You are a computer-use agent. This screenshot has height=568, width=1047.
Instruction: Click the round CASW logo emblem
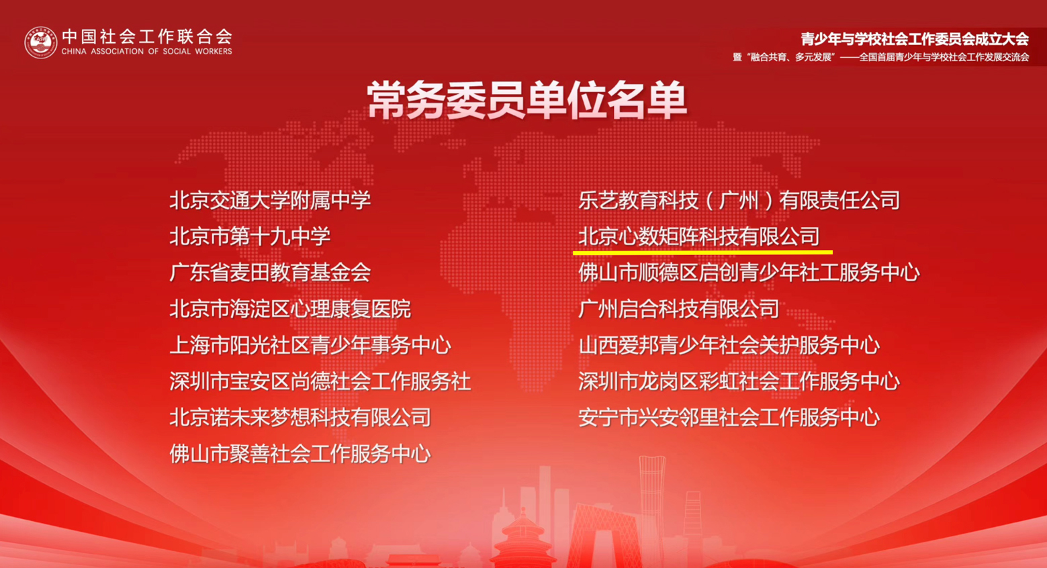click(41, 42)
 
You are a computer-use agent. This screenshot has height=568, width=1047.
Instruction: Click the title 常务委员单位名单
click(527, 100)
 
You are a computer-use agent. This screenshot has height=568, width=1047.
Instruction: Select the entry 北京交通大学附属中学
click(270, 200)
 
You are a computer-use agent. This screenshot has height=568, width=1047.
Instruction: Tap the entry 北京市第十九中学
click(250, 236)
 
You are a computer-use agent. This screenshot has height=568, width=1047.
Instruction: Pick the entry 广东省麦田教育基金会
click(270, 273)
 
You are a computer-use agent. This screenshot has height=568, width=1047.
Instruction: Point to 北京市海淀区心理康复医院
click(290, 309)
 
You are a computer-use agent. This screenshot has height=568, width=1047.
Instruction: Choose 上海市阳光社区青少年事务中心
click(310, 345)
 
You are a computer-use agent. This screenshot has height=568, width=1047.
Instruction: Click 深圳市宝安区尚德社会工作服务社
click(320, 381)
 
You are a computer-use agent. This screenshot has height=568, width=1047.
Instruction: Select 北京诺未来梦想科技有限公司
click(300, 417)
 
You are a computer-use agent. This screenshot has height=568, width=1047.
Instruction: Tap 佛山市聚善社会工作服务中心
click(300, 454)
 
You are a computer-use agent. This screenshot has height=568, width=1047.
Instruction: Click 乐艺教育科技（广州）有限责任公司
click(739, 200)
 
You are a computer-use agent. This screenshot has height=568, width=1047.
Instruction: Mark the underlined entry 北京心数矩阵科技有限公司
click(699, 236)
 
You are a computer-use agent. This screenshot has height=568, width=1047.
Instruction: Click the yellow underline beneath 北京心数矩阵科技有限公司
click(703, 252)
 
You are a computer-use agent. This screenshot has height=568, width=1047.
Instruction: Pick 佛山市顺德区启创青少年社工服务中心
click(749, 273)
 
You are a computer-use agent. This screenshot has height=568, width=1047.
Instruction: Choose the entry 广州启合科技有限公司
click(679, 309)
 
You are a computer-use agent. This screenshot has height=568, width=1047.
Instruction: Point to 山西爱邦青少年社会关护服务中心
click(729, 345)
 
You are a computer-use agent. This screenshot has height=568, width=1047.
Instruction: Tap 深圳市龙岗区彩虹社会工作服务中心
click(739, 381)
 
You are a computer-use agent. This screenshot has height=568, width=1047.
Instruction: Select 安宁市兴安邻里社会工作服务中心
click(729, 417)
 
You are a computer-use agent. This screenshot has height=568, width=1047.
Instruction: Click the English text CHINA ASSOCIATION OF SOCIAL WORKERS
click(147, 52)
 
